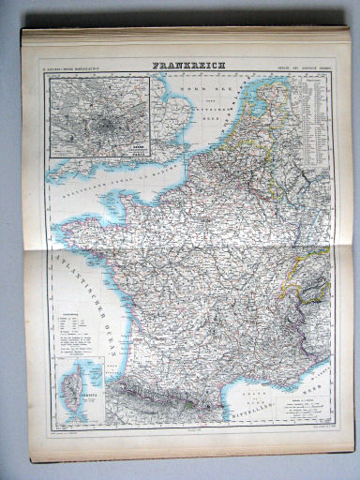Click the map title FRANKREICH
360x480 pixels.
point(186,67)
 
